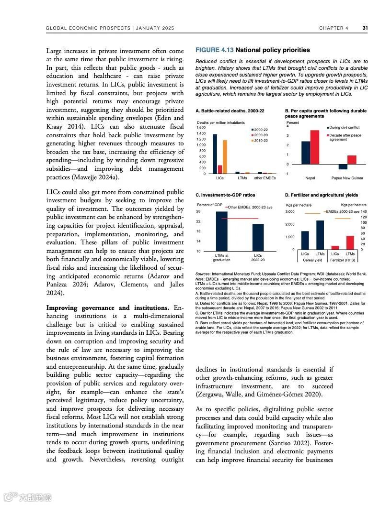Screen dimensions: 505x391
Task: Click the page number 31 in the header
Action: [x=365, y=28]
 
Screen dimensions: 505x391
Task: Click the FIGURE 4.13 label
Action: [x=214, y=50]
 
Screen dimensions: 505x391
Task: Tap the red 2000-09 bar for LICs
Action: [x=220, y=169]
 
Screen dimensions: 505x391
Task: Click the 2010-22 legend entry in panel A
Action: [x=259, y=141]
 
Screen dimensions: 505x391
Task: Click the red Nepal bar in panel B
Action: [x=314, y=147]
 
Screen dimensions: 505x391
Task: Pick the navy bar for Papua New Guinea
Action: [x=343, y=167]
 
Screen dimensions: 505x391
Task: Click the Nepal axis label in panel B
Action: [x=310, y=178]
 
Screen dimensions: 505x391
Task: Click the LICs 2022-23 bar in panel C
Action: [x=258, y=237]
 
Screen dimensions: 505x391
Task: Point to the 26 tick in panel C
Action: [x=198, y=211]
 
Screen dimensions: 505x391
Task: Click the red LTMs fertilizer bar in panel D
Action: [x=350, y=242]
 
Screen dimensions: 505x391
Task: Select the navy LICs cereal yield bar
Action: [x=305, y=240]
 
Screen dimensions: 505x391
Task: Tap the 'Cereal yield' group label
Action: [x=312, y=260]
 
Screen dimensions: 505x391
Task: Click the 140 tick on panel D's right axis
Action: [x=364, y=211]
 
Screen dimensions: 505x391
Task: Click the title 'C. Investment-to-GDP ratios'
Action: [x=225, y=195]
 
